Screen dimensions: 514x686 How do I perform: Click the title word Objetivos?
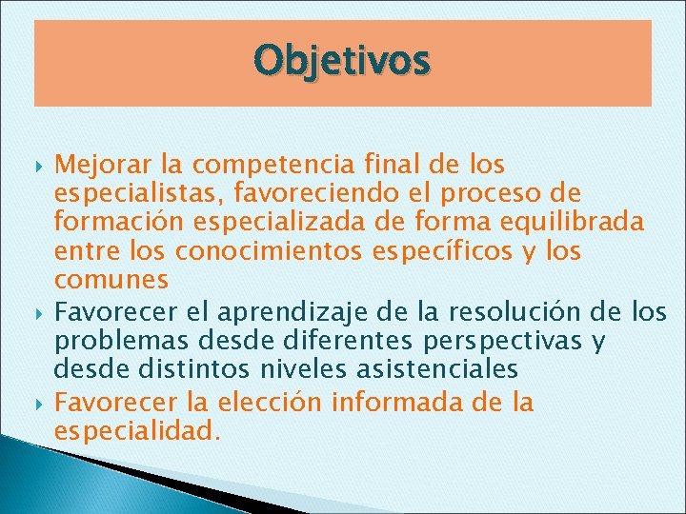(x=342, y=61)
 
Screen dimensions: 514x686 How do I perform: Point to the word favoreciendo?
(x=286, y=194)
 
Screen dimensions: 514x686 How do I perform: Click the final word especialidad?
(x=138, y=431)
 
